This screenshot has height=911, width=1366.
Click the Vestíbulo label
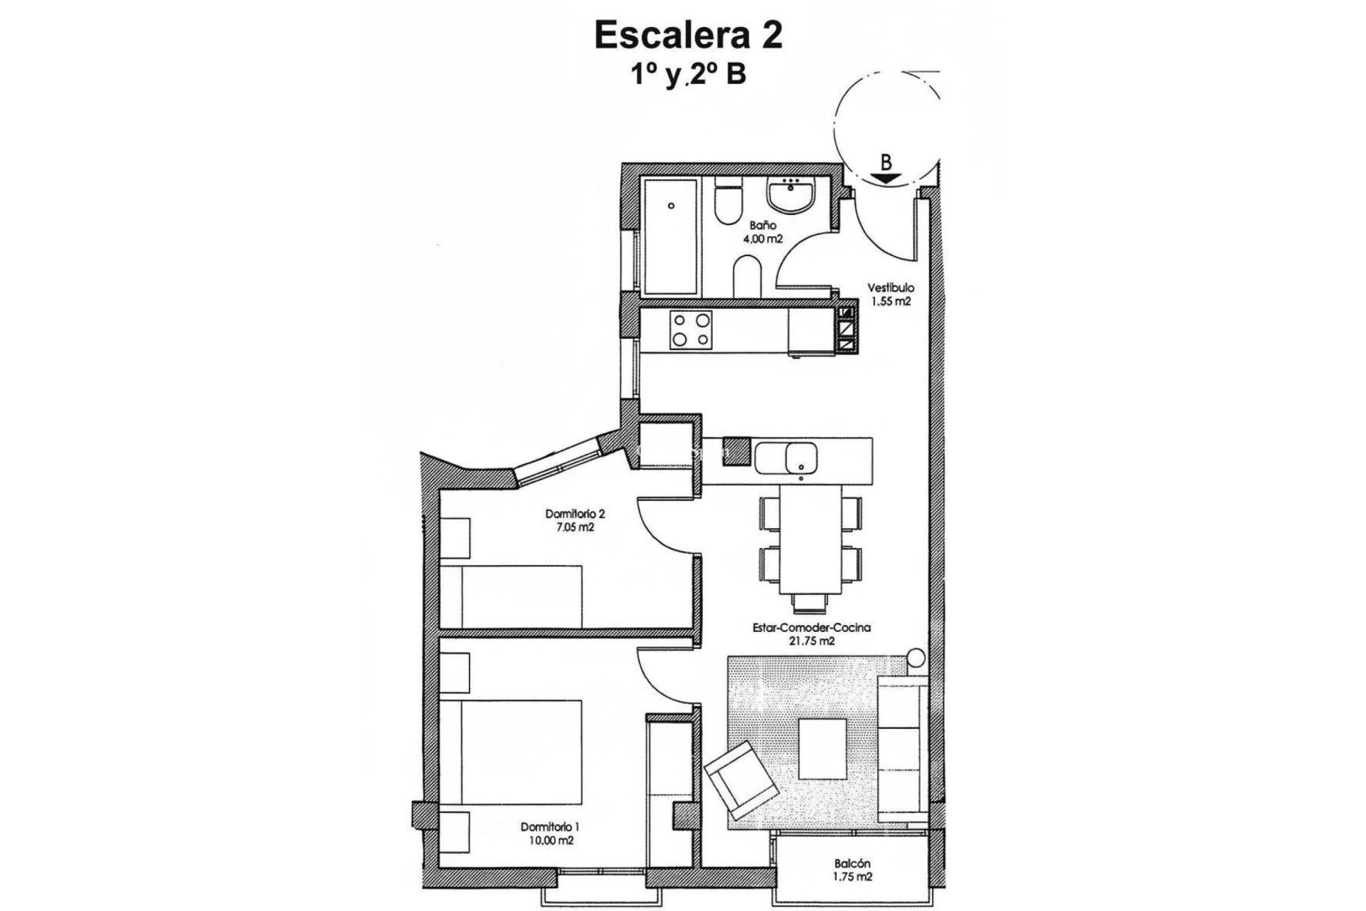pyautogui.click(x=890, y=288)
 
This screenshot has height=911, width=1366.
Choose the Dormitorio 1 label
pyautogui.click(x=550, y=827)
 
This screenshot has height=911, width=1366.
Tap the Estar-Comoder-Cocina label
pyautogui.click(x=812, y=628)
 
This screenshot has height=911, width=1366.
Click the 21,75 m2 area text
pyautogui.click(x=812, y=641)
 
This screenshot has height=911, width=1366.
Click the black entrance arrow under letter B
pyautogui.click(x=886, y=179)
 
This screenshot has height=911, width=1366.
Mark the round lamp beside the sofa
pyautogui.click(x=916, y=656)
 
